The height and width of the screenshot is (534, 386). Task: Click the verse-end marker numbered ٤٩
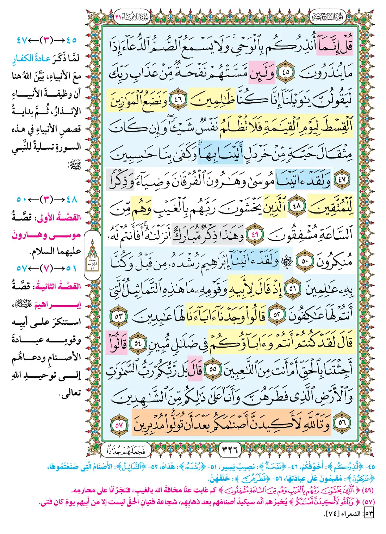254,234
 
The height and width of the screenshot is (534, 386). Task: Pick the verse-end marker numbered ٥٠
305,262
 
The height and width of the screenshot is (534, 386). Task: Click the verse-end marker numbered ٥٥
213,370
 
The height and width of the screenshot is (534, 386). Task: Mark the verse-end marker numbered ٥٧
119,425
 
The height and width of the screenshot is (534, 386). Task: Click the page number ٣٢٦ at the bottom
230,450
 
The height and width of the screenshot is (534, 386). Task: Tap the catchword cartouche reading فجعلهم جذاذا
126,450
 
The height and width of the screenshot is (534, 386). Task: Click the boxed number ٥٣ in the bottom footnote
369,514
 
